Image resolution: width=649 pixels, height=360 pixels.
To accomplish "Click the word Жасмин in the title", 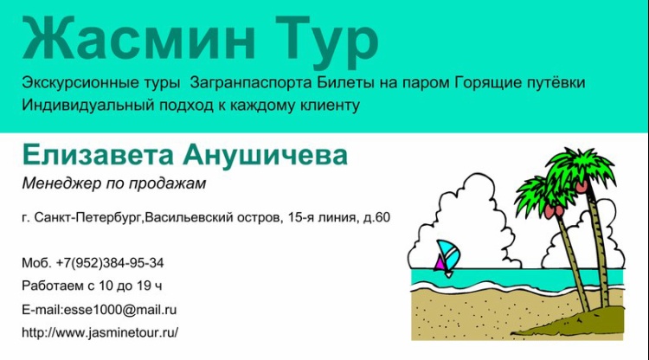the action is tap(138, 38).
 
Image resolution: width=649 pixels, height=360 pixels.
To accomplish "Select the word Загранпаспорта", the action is tap(251, 83).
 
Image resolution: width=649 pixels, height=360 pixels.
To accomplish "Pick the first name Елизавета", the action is tap(98, 155).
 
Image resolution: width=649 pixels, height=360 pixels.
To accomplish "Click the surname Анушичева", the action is tap(266, 155).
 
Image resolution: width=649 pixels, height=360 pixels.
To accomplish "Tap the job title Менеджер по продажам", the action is tap(114, 183).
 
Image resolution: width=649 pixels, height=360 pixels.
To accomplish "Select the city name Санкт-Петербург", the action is tap(87, 218).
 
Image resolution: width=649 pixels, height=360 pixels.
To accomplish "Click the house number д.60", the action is tap(376, 217).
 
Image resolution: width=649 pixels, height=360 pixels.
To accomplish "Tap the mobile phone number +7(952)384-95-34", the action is tap(110, 263).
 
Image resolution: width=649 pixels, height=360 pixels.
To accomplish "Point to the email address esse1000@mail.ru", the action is tap(120, 310).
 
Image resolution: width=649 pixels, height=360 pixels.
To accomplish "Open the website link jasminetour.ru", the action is tap(132, 332).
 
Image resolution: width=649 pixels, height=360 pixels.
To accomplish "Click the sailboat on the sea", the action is tap(447, 259).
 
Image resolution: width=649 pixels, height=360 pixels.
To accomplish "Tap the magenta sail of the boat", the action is tap(439, 263).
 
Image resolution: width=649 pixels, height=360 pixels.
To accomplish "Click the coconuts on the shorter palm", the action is tap(554, 210).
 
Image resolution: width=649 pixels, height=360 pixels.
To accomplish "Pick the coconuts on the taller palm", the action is tap(582, 186).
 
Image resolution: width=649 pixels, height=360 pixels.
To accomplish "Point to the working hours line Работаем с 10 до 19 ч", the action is tap(92, 286).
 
